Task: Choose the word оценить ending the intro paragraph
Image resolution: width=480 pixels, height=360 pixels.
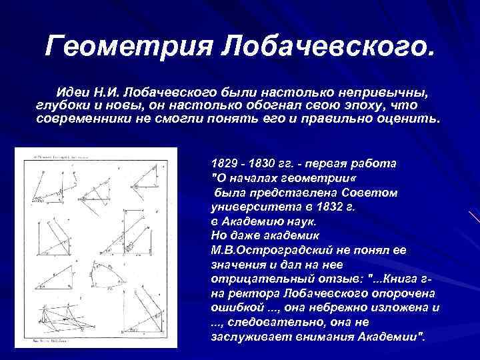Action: point(409,119)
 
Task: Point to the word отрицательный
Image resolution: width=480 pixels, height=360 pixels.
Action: point(250,278)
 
